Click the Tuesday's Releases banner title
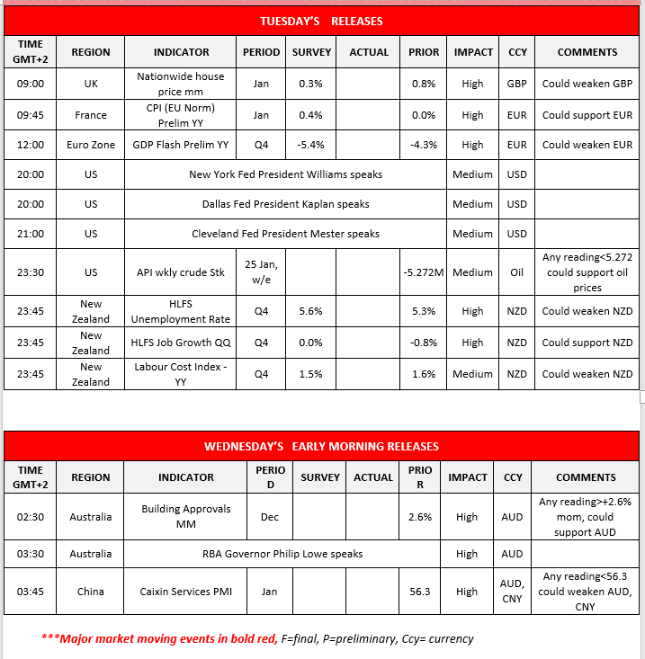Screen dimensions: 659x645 321,21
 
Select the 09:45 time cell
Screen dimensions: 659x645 30,115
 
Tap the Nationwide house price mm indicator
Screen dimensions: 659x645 181,84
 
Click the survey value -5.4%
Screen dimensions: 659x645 311,145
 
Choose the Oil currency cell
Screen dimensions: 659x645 517,272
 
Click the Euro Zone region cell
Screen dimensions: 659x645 91,145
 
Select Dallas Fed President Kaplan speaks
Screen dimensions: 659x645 285,204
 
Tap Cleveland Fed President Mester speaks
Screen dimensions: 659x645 285,234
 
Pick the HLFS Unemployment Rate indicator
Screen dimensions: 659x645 181,312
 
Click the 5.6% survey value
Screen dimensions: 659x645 311,312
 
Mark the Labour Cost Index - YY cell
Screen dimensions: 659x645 181,374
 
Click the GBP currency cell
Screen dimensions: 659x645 517,84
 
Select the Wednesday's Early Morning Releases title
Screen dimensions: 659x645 321,446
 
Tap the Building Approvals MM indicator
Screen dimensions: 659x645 186,516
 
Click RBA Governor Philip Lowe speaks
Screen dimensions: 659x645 282,554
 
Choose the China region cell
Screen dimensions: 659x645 91,592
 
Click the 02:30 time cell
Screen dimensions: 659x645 30,516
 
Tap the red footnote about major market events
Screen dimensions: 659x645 257,639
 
